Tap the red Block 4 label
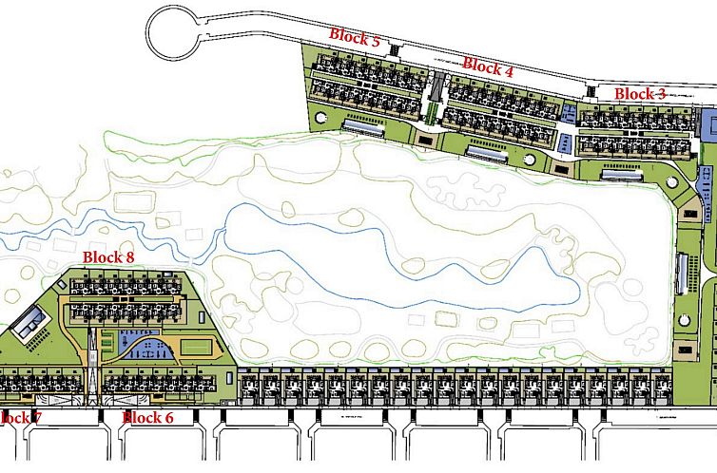click(488, 66)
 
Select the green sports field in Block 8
click(195, 348)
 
